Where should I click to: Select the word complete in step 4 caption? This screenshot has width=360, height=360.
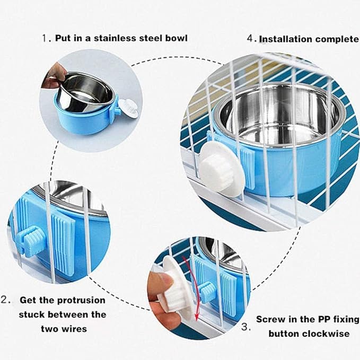coord(336,39)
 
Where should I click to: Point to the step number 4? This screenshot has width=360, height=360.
coord(251,39)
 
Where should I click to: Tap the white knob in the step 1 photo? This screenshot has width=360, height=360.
coord(128,108)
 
